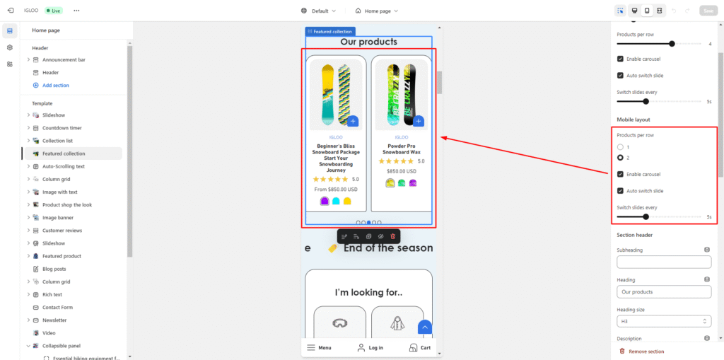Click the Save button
(708, 11)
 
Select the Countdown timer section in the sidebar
(62, 127)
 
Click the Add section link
(55, 85)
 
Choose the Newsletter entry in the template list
(54, 320)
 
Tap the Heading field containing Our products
(664, 292)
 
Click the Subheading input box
(664, 262)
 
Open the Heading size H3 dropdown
(664, 321)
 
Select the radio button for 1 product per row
(620, 147)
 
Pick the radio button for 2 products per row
(620, 158)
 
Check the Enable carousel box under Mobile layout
(620, 174)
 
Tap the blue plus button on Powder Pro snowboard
(419, 122)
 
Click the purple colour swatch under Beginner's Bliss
(324, 201)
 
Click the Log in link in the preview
(370, 347)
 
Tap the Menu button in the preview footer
(319, 347)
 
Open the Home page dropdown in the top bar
(376, 11)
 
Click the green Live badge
(54, 11)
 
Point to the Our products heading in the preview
(368, 42)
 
